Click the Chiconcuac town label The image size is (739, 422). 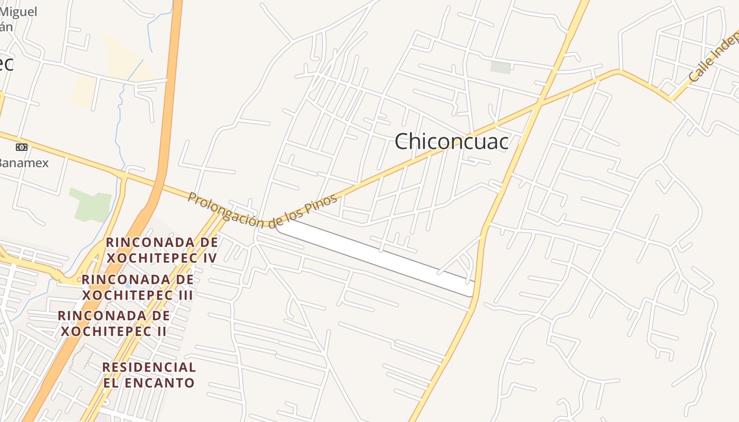pos(451,141)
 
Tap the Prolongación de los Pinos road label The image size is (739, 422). pos(262,210)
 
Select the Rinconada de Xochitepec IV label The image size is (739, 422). pos(162,250)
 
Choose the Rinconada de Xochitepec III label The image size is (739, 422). pos(138,287)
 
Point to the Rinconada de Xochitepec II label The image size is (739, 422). pos(113,323)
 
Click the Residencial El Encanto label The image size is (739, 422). pos(149,375)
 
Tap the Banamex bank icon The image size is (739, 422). pos(21,147)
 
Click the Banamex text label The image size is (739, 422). pos(24,162)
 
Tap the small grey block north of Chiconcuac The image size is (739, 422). pos(500,67)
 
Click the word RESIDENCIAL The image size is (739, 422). pos(149,367)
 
